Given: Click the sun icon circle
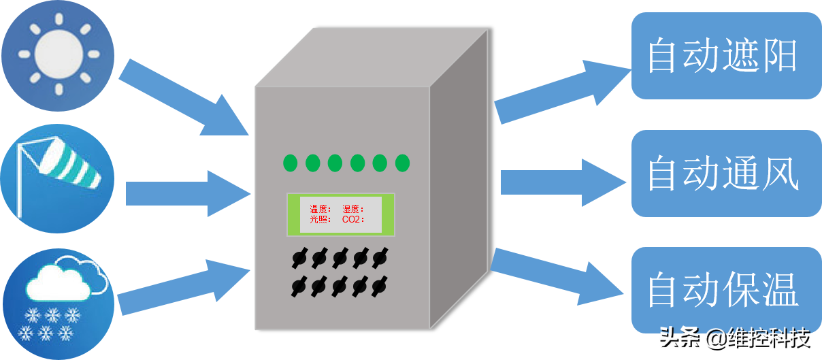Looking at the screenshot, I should [59, 54].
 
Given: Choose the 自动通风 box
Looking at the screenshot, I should [725, 174].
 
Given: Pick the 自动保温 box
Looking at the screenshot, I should [725, 289].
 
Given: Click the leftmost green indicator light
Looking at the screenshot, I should [291, 163].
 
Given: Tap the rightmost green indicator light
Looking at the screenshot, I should [402, 163].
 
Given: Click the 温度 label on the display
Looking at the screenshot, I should [320, 210].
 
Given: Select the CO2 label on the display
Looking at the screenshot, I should [353, 220].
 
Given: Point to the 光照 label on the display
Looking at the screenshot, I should [320, 220].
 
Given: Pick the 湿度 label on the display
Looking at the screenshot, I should [352, 210].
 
